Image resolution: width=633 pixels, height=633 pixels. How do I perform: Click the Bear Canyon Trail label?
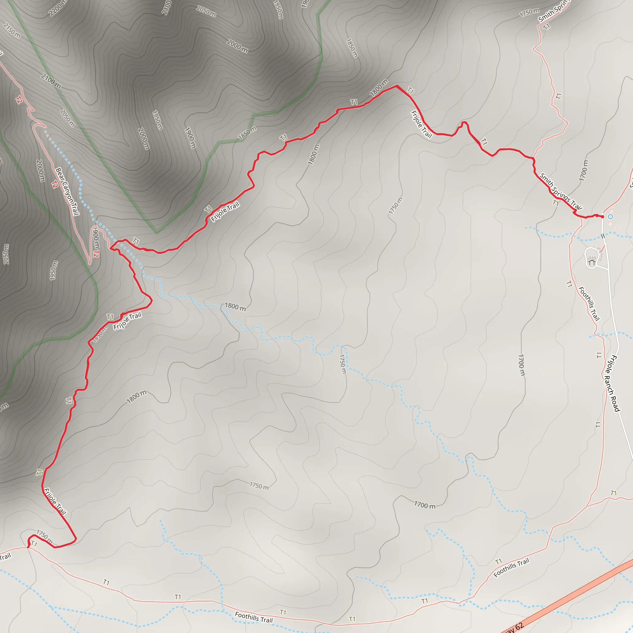[67, 191]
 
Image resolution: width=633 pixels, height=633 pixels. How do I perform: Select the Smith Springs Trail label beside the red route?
[561, 191]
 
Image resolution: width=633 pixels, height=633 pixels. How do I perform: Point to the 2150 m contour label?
[12, 31]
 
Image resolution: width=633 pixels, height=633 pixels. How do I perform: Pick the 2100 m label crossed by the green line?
[51, 81]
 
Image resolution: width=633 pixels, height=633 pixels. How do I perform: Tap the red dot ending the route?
[602, 217]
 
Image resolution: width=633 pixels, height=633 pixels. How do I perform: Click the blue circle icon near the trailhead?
[610, 217]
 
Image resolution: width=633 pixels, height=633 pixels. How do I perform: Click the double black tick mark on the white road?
[603, 236]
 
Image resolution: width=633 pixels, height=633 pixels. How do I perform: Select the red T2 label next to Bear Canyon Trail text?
[55, 185]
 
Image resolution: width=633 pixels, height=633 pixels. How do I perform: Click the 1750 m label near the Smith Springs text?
[529, 12]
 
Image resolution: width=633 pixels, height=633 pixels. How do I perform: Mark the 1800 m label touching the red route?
[379, 87]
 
